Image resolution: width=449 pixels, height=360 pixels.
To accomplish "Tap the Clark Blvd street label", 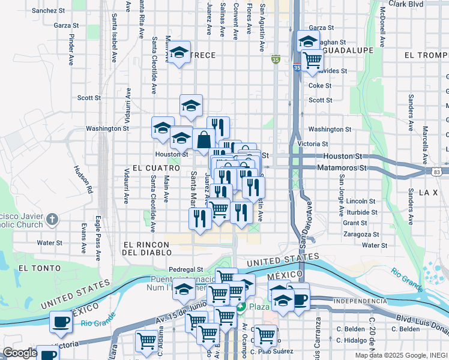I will click(x=405, y=4).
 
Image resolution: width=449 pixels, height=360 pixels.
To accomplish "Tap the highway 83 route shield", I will click(x=436, y=172).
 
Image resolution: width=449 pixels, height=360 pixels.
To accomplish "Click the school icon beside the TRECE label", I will click(x=179, y=53).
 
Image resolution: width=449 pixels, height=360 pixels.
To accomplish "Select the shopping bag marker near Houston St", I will click(x=204, y=140).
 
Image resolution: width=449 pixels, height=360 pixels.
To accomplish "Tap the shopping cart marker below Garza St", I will click(x=312, y=60).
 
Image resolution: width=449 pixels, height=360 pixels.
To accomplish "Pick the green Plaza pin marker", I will click(x=241, y=307).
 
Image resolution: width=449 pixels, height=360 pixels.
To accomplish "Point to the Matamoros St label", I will click(x=341, y=168).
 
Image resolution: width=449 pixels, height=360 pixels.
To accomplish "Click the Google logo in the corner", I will click(x=19, y=353).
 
